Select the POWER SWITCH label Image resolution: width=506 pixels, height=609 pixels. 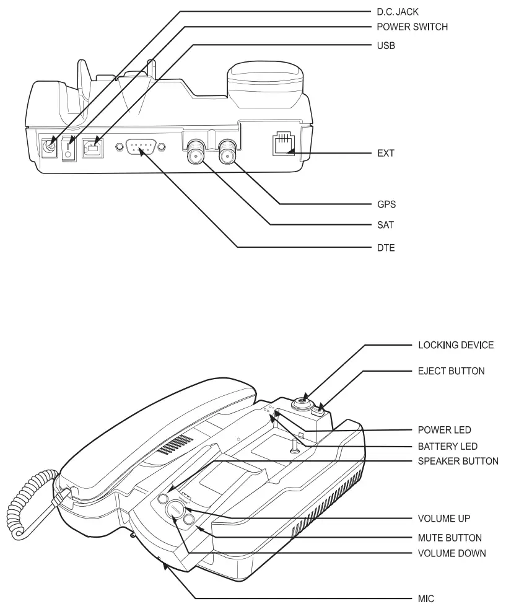[412, 27]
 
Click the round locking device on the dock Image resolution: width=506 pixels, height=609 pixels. [299, 403]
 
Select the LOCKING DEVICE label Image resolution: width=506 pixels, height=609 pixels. [455, 345]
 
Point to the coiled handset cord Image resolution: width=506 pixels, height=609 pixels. [28, 504]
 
